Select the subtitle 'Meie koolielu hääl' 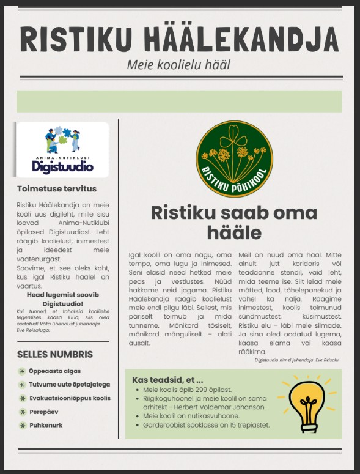click(178, 65)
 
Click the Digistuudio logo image click(63, 150)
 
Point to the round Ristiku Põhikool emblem click(234, 158)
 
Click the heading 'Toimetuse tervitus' click(57, 189)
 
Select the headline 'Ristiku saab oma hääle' click(234, 222)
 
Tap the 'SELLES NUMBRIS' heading click(55, 354)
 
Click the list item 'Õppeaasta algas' click(54, 371)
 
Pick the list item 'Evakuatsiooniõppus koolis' click(70, 398)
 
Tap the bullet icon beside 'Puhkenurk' click(22, 425)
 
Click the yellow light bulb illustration click(307, 401)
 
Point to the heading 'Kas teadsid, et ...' click(167, 380)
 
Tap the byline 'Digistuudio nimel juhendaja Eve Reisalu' click(296, 360)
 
